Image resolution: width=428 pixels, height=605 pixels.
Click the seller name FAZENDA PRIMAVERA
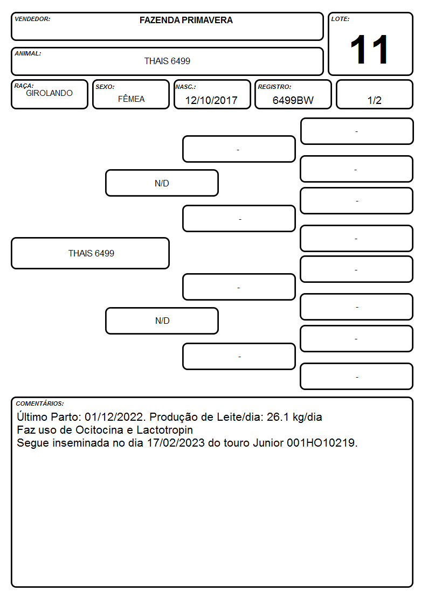coord(186,20)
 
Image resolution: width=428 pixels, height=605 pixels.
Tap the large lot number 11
coord(369,50)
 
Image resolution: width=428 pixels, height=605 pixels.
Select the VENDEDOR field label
coord(32,19)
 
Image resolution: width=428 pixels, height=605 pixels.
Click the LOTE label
coord(340,19)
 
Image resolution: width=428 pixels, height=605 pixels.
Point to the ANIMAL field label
coord(28,54)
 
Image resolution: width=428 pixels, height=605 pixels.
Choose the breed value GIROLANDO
coord(50,93)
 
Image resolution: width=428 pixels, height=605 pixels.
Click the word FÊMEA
coord(131,99)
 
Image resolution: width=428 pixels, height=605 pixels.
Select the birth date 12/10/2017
coord(211,100)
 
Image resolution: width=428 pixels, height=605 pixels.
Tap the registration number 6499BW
coord(293,100)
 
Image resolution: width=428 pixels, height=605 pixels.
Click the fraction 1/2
coord(374,100)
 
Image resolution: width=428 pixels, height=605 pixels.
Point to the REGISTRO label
coord(274,87)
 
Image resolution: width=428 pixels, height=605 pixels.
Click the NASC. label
coord(185,87)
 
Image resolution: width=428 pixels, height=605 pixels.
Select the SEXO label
coord(105,87)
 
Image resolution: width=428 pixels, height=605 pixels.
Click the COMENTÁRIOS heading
coord(40,404)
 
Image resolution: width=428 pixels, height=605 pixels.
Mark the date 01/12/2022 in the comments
coord(114,417)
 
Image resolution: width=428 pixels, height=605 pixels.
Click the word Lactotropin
coord(165,430)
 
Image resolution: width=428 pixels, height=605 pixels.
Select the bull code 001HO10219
coord(321,443)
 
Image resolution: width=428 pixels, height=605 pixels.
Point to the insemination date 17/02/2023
coord(176,443)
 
